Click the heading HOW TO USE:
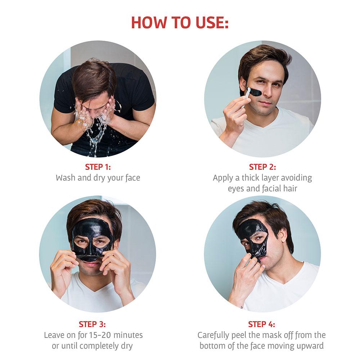(x=180, y=22)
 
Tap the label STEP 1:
(x=98, y=167)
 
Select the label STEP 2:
(x=262, y=167)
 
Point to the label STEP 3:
(x=92, y=324)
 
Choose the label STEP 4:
(x=261, y=324)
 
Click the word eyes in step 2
(x=236, y=189)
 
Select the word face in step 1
(x=133, y=178)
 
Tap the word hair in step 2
(x=290, y=189)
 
